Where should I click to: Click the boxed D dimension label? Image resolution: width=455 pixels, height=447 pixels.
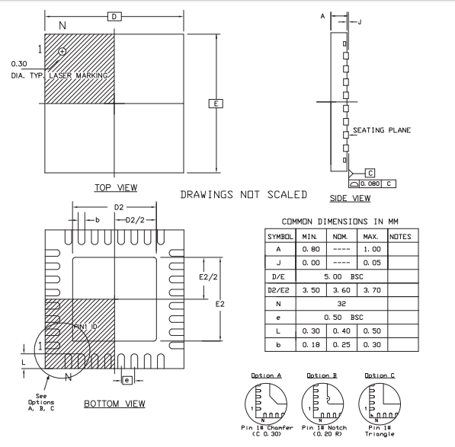[x=114, y=17]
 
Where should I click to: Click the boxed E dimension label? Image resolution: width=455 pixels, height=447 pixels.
[x=216, y=104]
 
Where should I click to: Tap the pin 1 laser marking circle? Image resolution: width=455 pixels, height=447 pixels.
[x=62, y=52]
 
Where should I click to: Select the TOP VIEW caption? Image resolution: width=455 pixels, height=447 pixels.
[x=116, y=188]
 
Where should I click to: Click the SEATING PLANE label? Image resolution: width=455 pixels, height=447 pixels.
[x=382, y=130]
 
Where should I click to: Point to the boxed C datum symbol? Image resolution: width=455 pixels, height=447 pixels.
[x=370, y=173]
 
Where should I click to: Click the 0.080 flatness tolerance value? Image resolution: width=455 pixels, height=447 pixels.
[x=370, y=184]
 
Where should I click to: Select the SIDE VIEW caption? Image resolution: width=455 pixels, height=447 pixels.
[x=350, y=198]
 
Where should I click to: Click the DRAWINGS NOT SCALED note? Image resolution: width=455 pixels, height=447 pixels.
[x=243, y=194]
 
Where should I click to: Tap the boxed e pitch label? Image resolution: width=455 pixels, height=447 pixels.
[x=127, y=380]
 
